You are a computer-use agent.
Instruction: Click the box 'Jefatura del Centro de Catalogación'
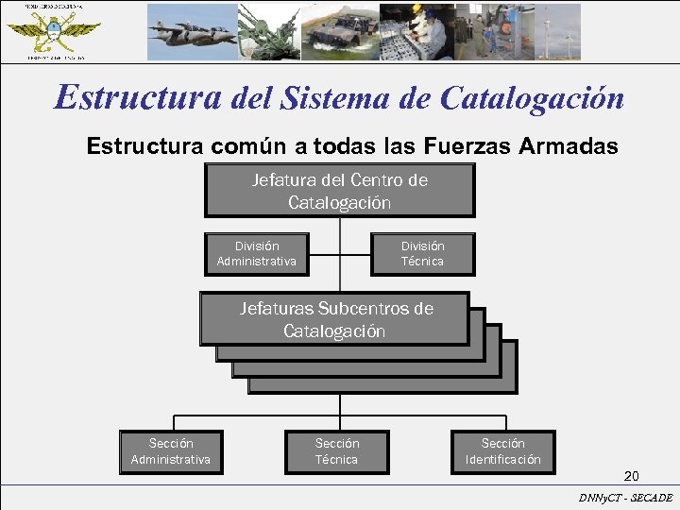pos(339,191)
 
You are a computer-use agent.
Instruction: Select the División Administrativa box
pos(257,253)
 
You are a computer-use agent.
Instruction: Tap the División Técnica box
pos(421,253)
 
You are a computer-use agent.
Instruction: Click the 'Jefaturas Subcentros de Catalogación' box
pos(334,319)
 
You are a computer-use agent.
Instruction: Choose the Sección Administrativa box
pos(171,451)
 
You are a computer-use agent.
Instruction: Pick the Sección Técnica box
pos(336,451)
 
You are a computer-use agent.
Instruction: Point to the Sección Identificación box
pos(502,451)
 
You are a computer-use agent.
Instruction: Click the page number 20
pos(631,476)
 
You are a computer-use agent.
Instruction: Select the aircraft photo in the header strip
pos(191,32)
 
